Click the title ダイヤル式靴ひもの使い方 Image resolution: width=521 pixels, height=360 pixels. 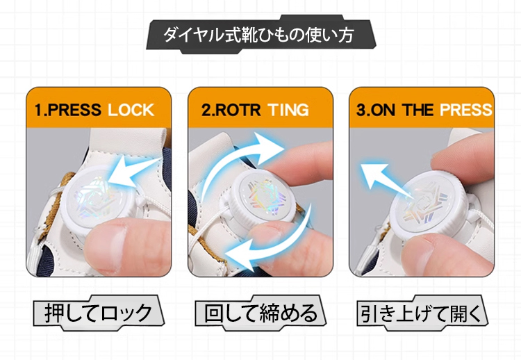tap(258, 35)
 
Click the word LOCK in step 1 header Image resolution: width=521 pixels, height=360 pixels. tap(131, 110)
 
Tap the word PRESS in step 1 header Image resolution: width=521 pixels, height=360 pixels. tap(74, 110)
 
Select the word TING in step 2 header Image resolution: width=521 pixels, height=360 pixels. tap(288, 110)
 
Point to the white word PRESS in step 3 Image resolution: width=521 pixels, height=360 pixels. tap(466, 110)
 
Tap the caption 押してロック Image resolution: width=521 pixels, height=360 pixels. tap(99, 313)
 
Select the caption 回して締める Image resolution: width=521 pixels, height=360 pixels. tap(260, 313)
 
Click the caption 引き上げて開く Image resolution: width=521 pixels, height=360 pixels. tap(422, 313)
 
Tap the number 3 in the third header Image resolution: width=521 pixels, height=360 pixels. tap(361, 110)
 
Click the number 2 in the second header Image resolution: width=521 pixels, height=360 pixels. tap(206, 110)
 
